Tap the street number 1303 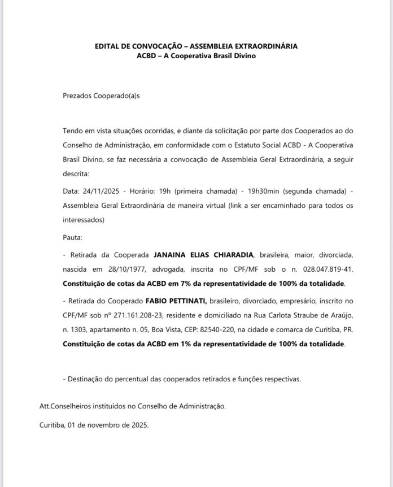[78, 329]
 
